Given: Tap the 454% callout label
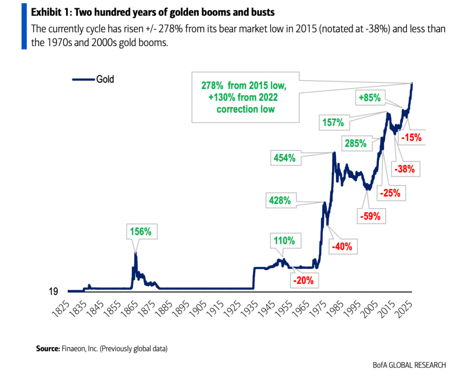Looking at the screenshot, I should [284, 158].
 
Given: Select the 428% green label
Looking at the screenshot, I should [281, 201].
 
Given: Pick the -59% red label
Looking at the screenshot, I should [370, 216].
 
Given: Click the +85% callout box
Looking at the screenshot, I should [370, 97].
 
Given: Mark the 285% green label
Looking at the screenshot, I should [356, 144].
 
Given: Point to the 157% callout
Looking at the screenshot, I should [333, 122].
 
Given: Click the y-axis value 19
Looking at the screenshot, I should [53, 292].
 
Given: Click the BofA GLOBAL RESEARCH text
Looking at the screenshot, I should [410, 364].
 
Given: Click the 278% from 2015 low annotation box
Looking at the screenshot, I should [246, 97].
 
